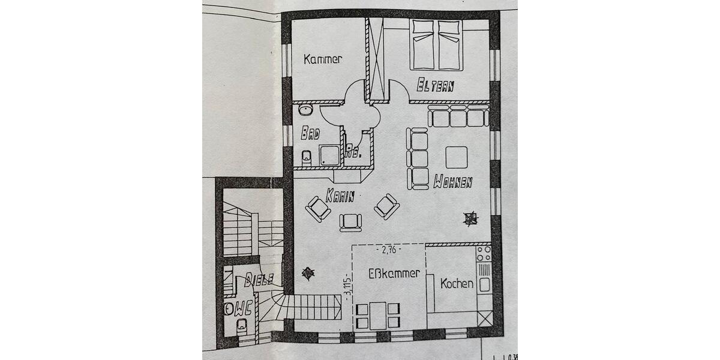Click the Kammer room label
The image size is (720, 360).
click(323, 59)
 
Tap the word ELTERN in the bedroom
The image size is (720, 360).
click(435, 86)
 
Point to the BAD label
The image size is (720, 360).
click(310, 133)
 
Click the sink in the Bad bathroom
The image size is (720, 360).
click(305, 110)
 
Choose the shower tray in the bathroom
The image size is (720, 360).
click(329, 155)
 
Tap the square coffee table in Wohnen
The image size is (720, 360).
click(457, 157)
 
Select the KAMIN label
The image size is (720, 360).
click(340, 195)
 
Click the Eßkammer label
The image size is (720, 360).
click(394, 273)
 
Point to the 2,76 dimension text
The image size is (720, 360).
click(388, 249)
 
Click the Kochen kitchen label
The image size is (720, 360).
click(457, 284)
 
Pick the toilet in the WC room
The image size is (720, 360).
click(242, 326)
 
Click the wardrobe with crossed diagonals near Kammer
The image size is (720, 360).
click(376, 59)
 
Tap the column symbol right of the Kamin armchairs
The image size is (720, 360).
click(470, 218)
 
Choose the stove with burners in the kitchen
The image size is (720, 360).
click(484, 254)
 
